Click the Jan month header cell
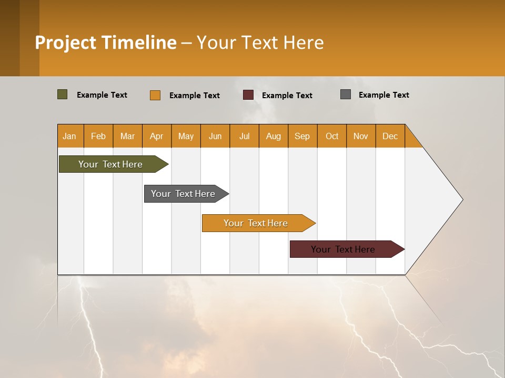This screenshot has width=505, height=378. click(70, 136)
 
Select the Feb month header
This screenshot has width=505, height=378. click(98, 136)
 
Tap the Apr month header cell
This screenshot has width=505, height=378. click(157, 136)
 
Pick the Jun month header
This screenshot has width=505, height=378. click(215, 136)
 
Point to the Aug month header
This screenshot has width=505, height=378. click(274, 136)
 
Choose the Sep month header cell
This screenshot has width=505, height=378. click(302, 136)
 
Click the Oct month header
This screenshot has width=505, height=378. click(332, 136)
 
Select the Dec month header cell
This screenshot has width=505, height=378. click(390, 136)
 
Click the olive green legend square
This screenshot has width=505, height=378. click(63, 94)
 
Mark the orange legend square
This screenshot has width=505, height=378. click(155, 95)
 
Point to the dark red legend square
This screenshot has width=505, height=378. click(248, 95)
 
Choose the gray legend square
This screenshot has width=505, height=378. click(346, 94)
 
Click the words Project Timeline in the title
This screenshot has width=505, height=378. click(106, 43)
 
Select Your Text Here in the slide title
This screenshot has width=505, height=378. click(260, 43)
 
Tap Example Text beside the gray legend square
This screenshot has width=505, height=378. click(383, 95)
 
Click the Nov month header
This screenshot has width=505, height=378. click(361, 136)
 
